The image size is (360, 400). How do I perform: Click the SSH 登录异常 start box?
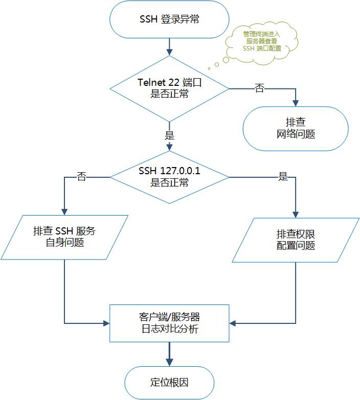click(169, 20)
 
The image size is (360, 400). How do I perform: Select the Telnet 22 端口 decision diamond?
click(169, 88)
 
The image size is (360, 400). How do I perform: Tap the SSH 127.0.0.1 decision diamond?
click(169, 177)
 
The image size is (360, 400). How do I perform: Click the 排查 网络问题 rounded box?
click(296, 128)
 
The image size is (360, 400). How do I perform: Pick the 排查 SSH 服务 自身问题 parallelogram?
click(64, 237)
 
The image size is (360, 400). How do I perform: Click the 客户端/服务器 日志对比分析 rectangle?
click(169, 323)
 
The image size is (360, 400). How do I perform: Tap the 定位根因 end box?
click(169, 383)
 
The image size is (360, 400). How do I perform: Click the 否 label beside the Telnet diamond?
click(260, 88)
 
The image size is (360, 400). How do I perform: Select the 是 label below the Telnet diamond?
click(169, 136)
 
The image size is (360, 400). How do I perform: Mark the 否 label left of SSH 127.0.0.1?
click(81, 177)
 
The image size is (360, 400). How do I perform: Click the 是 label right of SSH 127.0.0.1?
click(283, 177)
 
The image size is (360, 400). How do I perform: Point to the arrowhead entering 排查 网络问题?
click(296, 103)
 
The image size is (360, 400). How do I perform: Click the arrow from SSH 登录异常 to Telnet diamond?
click(169, 46)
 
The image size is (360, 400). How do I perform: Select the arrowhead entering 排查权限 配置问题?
click(296, 215)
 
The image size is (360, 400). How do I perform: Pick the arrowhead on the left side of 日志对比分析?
click(107, 323)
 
